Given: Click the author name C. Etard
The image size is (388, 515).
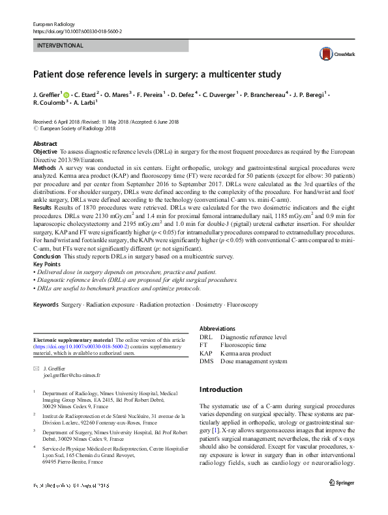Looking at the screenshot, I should pos(87,94).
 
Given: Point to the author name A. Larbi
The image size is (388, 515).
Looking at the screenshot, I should pos(85,103).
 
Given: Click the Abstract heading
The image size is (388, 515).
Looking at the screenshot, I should pos(45,144).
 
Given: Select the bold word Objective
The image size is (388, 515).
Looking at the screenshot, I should pos(46,151).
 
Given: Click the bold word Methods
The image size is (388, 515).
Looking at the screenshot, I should pos(44,167).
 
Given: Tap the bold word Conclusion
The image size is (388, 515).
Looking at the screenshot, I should pos(48,256).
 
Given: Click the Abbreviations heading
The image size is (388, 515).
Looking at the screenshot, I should pos(218,329).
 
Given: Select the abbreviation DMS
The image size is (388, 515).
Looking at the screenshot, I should pos(206,361).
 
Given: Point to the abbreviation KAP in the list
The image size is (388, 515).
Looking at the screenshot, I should pos(206,354).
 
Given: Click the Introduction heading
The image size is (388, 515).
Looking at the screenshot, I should pos(220,390).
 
